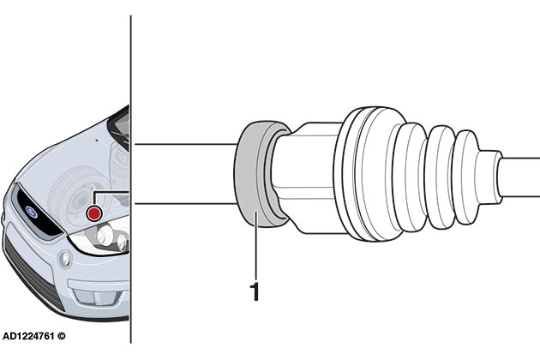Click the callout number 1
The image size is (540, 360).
(254, 291)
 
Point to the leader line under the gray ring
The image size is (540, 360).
(255, 249)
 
